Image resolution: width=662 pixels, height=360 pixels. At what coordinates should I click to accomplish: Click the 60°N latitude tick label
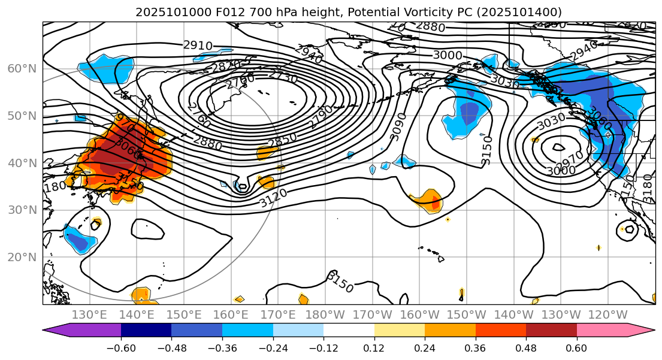click(22, 68)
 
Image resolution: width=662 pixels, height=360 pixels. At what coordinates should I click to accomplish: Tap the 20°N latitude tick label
click(22, 257)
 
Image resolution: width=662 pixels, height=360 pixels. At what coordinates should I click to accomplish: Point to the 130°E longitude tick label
click(89, 315)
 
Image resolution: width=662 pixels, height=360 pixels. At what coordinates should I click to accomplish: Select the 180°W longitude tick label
click(324, 315)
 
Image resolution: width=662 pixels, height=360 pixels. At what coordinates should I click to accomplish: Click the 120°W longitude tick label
click(608, 315)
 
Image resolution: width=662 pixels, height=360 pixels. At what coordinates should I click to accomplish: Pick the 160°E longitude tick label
click(231, 315)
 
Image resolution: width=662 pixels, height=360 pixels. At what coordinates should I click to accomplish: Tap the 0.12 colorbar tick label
click(374, 347)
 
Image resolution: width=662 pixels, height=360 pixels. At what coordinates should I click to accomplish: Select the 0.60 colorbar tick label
click(577, 347)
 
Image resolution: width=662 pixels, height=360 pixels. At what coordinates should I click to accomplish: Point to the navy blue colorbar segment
click(146, 330)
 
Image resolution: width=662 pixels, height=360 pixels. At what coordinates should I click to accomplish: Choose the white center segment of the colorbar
click(349, 330)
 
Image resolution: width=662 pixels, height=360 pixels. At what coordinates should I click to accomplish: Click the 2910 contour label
click(198, 46)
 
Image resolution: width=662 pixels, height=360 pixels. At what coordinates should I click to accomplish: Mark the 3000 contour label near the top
click(448, 55)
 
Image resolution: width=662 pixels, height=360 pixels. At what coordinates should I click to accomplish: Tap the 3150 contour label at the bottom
click(340, 282)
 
